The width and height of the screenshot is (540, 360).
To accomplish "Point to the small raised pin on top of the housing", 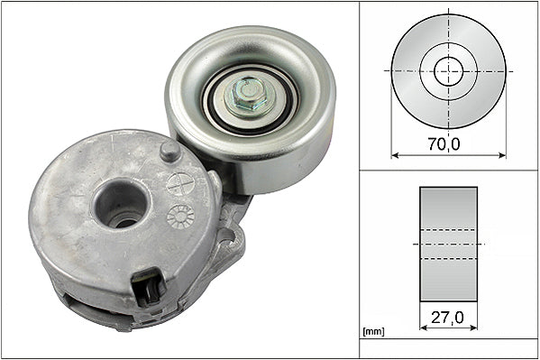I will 169,151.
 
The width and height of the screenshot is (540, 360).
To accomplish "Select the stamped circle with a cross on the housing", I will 181,183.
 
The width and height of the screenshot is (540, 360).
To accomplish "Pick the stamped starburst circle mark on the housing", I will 181,216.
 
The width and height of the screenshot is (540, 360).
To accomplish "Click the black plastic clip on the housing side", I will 147,288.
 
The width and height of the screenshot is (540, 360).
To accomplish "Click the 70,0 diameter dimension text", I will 447,143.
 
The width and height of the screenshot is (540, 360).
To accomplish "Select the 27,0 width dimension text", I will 448,318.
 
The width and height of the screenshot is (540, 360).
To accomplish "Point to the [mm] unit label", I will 371,332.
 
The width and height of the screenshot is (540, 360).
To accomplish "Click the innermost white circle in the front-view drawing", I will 448,70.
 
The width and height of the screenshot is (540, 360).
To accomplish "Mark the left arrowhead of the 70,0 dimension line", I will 395,155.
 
